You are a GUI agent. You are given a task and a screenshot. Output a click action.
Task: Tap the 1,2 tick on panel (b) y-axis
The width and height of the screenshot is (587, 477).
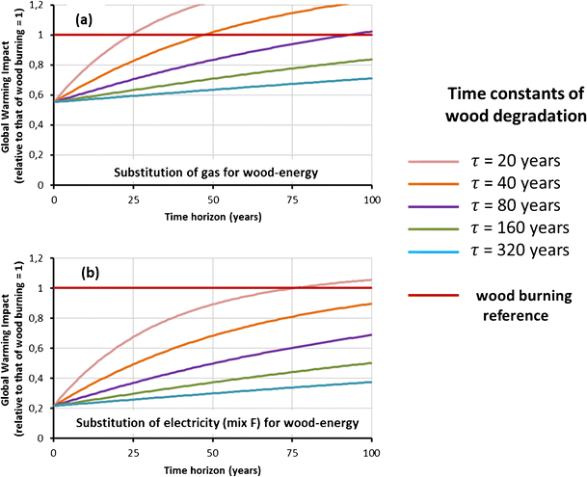pos(39,259)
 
